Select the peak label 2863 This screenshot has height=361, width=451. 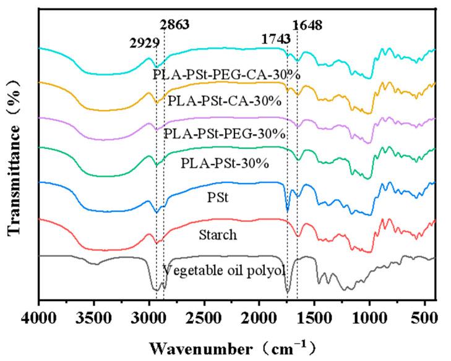pyautogui.click(x=174, y=25)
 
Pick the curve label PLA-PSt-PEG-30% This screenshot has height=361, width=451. pyautogui.click(x=225, y=133)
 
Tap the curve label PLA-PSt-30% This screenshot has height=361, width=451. pyautogui.click(x=216, y=163)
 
